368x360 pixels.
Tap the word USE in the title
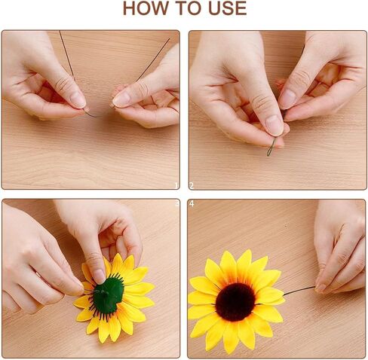[228, 8]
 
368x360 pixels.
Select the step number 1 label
[176, 186]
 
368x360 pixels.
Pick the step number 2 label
[192, 186]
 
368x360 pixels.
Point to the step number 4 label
[192, 204]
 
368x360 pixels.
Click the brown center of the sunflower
[235, 302]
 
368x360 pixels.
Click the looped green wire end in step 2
[271, 148]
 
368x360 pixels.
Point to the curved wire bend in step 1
[94, 115]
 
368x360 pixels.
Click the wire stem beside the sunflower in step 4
[299, 291]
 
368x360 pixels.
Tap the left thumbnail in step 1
[78, 99]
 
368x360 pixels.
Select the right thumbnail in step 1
[121, 99]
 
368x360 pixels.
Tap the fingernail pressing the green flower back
[99, 276]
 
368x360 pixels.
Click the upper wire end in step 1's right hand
[169, 39]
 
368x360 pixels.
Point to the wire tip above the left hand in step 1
[60, 32]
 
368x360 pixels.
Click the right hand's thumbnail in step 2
[288, 99]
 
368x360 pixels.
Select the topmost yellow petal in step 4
[244, 261]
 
